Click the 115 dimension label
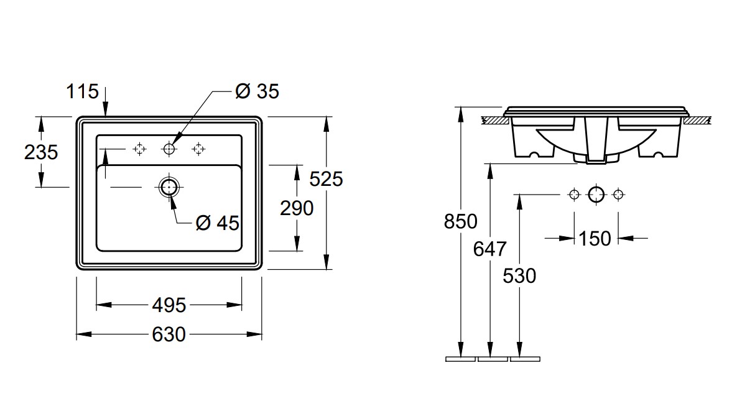(82, 91)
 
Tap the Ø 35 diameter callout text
(257, 91)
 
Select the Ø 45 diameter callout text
(218, 223)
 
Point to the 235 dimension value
(41, 152)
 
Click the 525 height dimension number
(326, 179)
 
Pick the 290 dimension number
(297, 208)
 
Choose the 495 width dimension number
(169, 305)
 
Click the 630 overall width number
(169, 334)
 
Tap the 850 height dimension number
(461, 221)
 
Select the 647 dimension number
(489, 249)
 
